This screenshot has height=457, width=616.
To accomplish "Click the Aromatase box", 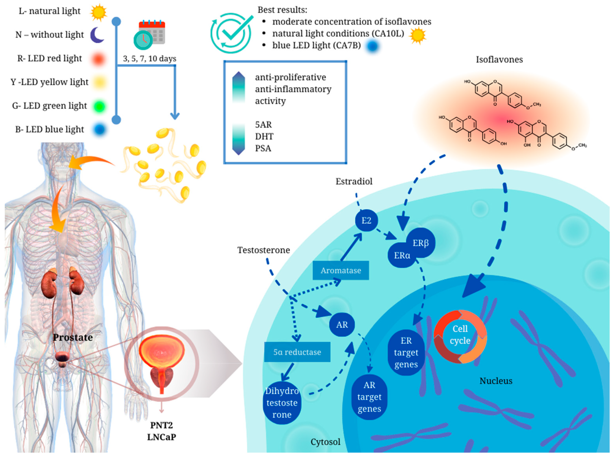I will point(341,270).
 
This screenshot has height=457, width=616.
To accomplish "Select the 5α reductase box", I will point(297,352).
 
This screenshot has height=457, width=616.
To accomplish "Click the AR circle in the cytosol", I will point(342,324).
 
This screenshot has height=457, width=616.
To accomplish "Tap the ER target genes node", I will point(406,352).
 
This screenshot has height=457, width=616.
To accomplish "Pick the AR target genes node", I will point(369,397).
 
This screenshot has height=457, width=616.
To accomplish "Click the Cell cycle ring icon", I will point(460,336).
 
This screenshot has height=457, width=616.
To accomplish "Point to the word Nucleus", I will point(496,381).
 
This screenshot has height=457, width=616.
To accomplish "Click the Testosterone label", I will point(264,250).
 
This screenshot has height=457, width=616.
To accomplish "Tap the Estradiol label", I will point(354,182).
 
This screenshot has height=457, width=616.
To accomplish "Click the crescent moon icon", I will point(97,35).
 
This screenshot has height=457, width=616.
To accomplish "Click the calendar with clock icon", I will point(149,35).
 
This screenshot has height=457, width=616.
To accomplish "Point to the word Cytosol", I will point(325,442).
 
